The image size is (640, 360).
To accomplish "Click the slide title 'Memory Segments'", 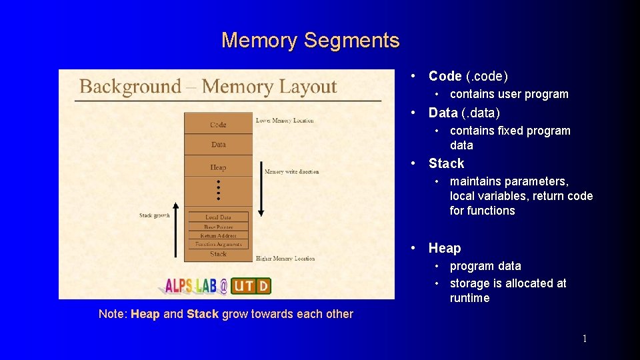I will click(311, 41).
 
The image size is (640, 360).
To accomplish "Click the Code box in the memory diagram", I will click(218, 124).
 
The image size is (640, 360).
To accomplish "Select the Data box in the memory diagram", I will click(218, 144).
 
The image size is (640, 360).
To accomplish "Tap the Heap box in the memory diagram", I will click(218, 167).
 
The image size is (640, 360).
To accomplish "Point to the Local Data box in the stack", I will click(218, 217).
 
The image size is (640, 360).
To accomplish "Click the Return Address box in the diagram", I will click(218, 235).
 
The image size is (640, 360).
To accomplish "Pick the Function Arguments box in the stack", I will click(218, 244).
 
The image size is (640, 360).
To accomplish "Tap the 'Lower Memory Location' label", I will click(285, 121).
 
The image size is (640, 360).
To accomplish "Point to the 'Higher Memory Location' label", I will click(285, 258).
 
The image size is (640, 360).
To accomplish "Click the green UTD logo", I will click(251, 286).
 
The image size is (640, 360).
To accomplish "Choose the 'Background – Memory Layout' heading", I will click(208, 87).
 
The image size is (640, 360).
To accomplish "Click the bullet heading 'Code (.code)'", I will click(468, 76).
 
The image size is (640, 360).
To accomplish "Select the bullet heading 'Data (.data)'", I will click(464, 113).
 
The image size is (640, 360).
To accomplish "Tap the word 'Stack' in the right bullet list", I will click(446, 163).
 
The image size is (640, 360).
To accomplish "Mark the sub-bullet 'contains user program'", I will click(509, 94).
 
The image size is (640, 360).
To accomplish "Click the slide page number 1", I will click(585, 339).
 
